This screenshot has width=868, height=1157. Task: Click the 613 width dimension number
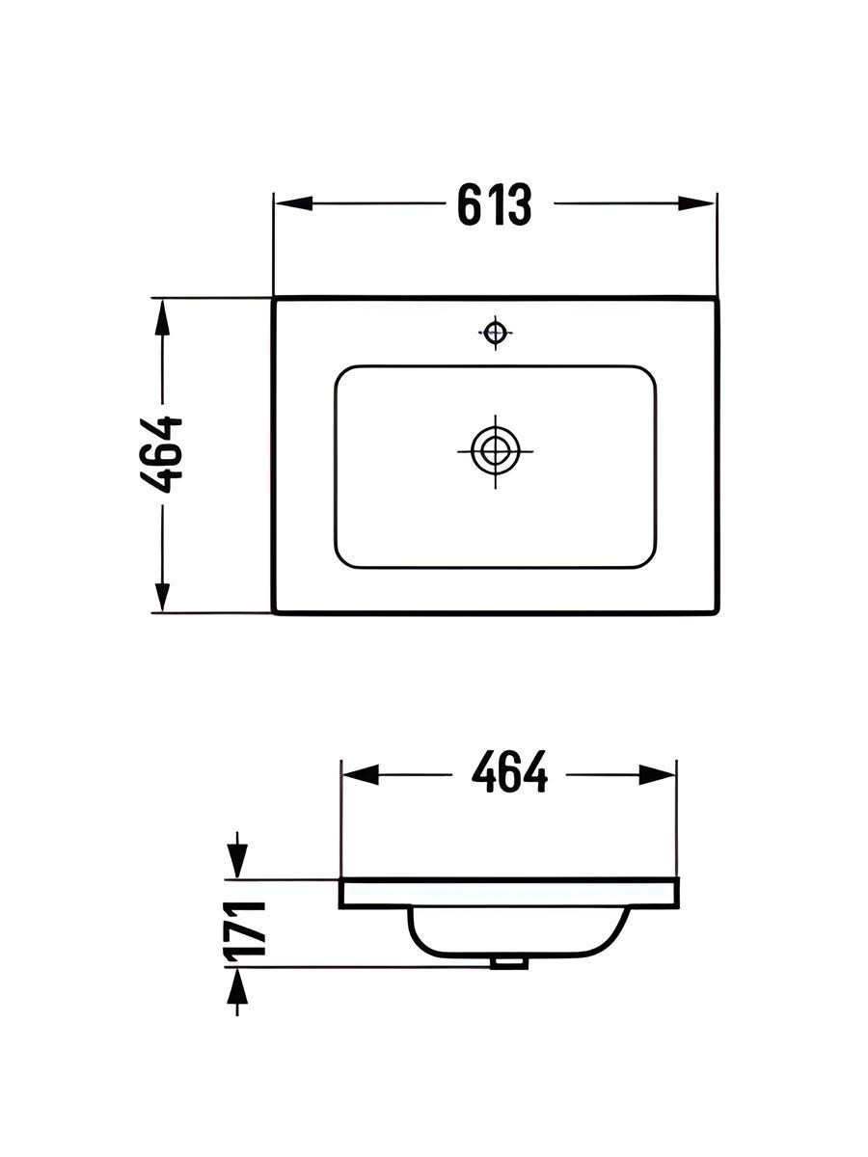click(495, 204)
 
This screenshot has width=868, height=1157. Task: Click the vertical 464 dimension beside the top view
click(161, 455)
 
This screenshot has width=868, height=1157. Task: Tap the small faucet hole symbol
click(495, 333)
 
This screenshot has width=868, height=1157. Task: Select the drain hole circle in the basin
click(495, 451)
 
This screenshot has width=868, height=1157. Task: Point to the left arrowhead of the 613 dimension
click(293, 203)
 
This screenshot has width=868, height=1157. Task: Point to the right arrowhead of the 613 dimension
click(696, 203)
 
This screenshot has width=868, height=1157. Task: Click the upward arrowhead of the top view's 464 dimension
click(162, 318)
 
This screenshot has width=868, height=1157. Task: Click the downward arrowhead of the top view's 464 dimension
click(162, 594)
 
